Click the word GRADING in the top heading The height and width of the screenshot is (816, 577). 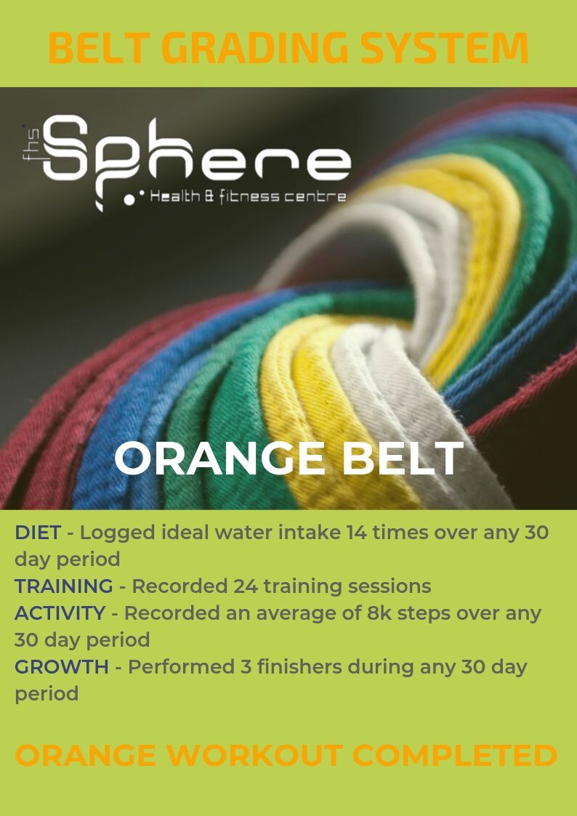[258, 48]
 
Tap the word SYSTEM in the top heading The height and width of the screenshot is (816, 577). [445, 48]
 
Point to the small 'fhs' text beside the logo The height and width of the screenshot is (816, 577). [28, 142]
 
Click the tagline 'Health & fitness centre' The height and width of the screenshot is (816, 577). [249, 197]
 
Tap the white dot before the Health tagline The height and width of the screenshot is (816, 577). [129, 199]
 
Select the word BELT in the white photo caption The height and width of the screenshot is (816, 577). [402, 459]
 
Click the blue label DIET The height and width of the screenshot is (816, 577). [38, 533]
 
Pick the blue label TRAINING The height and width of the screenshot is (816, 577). [63, 586]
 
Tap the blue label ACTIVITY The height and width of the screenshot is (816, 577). [60, 613]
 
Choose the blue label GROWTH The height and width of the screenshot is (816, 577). [61, 666]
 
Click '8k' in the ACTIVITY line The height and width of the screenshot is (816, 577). [379, 613]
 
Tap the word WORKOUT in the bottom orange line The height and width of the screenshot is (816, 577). [254, 756]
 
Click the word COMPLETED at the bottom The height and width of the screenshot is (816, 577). [455, 756]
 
